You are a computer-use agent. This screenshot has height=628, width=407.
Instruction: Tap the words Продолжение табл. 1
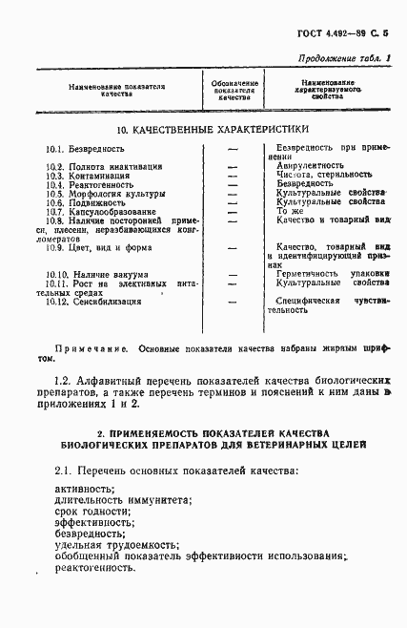click(x=347, y=59)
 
